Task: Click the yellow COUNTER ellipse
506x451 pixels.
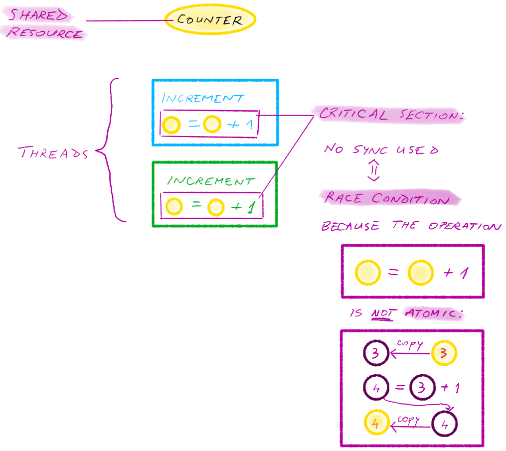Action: click(210, 20)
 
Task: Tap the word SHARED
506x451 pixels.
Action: click(39, 15)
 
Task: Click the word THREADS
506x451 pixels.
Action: click(53, 153)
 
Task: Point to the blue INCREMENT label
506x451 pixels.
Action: click(203, 98)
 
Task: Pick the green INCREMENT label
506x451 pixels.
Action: click(210, 180)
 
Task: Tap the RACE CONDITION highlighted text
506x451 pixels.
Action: click(386, 198)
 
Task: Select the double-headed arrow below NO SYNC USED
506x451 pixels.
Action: click(374, 170)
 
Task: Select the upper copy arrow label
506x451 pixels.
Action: click(410, 344)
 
